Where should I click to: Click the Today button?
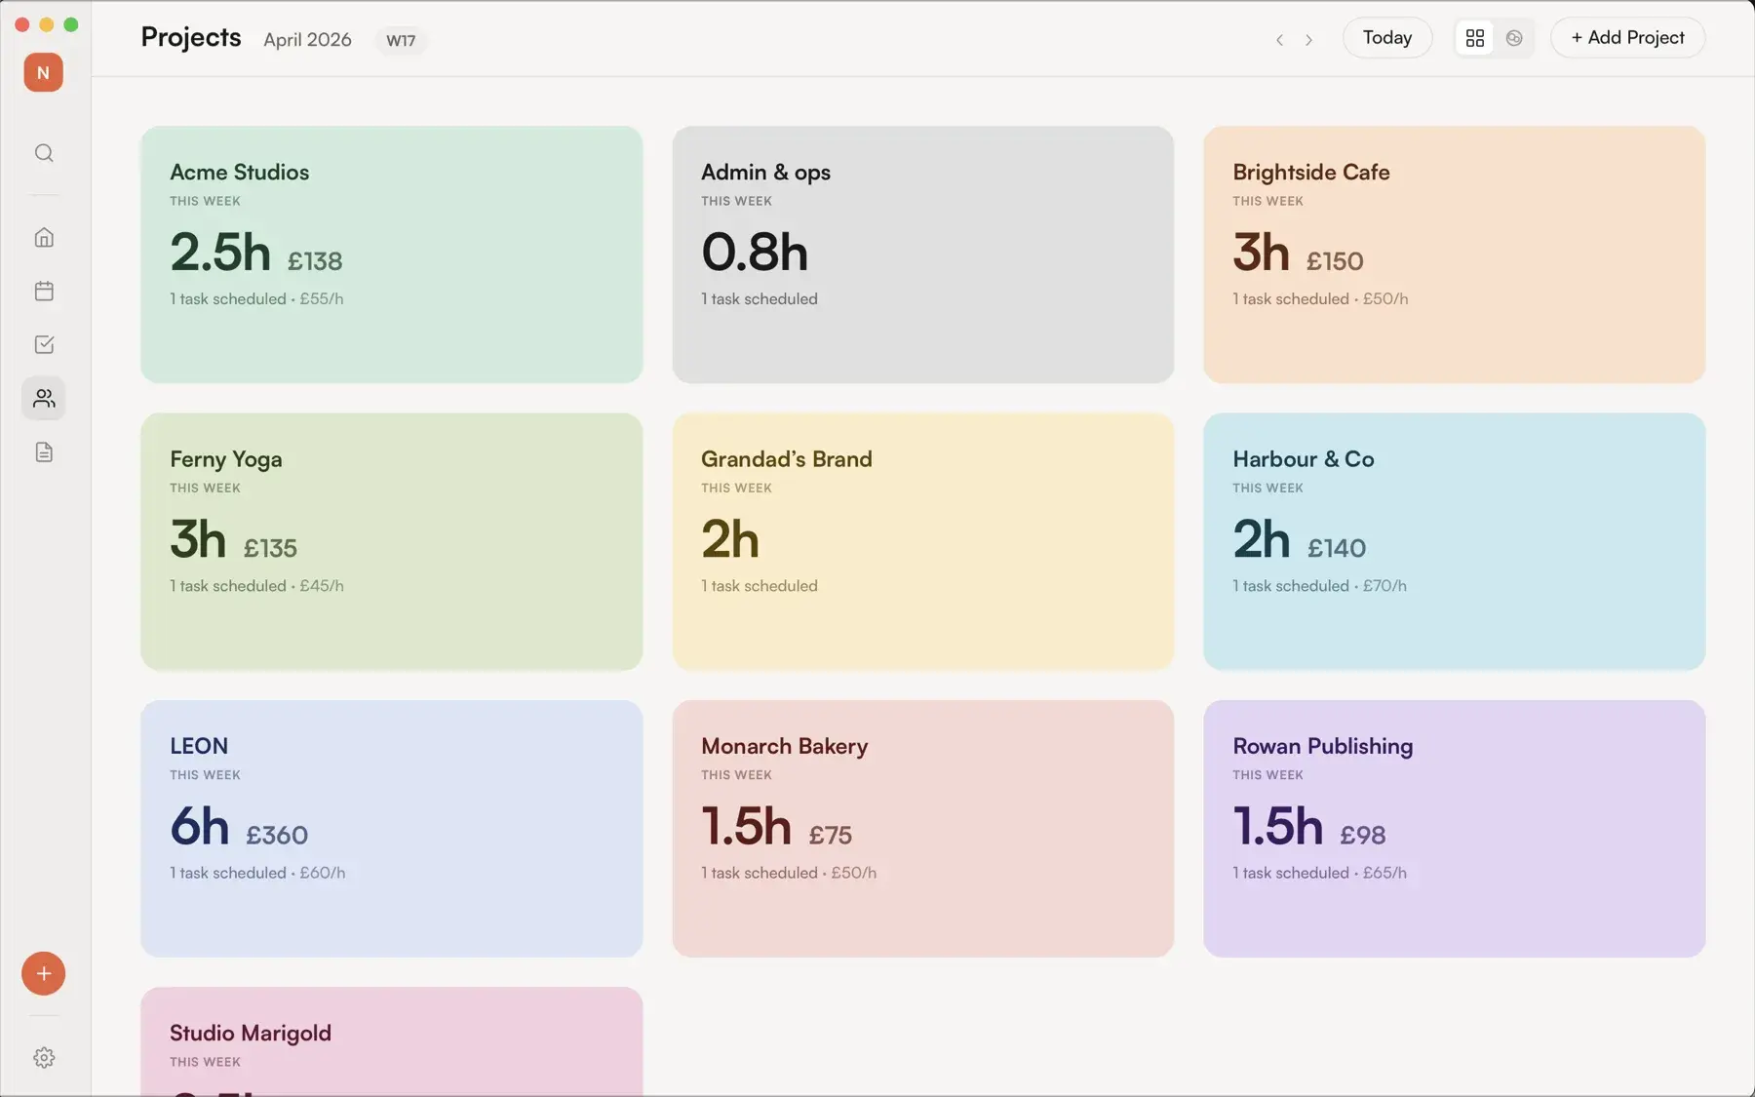coord(1386,38)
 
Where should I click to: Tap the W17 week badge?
coord(401,40)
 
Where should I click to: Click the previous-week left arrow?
coord(1279,40)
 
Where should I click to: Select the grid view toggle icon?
coord(1474,38)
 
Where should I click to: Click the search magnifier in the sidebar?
coord(44,153)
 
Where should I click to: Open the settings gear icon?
coord(44,1058)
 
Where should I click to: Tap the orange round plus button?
coord(44,973)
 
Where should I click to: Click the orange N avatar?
coord(43,72)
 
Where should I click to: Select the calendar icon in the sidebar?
coord(44,291)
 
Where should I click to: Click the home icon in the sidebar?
coord(44,237)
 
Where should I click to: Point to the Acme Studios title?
coord(239,172)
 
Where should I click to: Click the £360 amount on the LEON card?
coord(277,836)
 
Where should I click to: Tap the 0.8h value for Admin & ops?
coord(755,252)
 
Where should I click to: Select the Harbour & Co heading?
coord(1304,458)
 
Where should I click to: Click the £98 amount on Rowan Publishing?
coord(1362,836)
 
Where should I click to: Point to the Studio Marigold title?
coord(251,1033)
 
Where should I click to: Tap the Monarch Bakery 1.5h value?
coord(746,826)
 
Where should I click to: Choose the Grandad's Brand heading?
coord(786,458)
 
